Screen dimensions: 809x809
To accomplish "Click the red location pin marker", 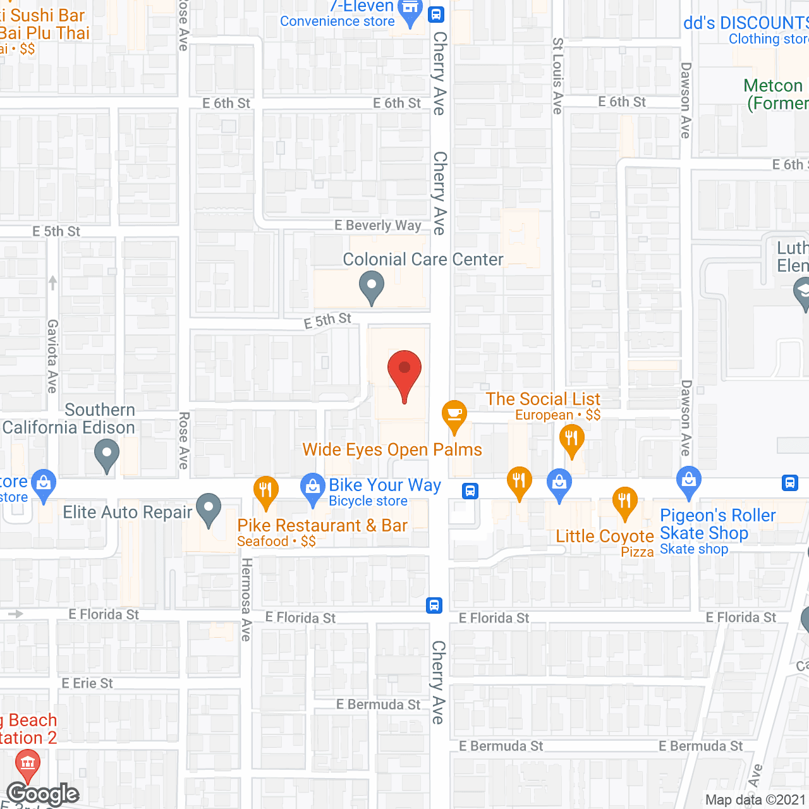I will [404, 372].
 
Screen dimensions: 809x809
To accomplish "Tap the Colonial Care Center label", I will [423, 259].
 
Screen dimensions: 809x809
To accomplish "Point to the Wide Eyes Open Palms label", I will [392, 449].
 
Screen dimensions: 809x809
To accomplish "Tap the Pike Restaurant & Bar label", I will [322, 525].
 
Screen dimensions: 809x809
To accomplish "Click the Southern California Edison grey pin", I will [107, 454].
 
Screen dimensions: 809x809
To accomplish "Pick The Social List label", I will [543, 399].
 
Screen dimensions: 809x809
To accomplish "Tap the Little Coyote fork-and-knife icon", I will [624, 502].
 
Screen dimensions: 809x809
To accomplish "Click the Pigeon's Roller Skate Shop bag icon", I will [689, 481].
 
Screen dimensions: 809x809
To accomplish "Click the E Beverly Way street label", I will [377, 225].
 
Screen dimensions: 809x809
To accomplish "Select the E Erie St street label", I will [87, 683].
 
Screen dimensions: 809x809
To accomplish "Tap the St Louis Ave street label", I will [557, 76].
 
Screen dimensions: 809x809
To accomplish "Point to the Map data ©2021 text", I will [755, 800].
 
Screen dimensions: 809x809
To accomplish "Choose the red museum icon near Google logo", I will [27, 763].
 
